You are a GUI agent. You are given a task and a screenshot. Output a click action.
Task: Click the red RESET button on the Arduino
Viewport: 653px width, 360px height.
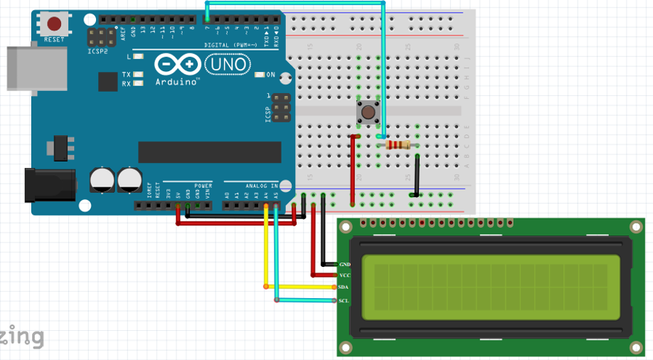coord(54,24)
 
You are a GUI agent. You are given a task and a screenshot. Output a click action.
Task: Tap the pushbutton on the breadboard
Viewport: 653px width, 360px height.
coord(368,111)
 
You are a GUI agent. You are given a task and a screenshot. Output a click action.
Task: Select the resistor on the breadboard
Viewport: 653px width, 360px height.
coord(398,145)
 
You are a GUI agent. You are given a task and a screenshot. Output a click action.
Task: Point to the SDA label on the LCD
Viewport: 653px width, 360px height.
coord(344,287)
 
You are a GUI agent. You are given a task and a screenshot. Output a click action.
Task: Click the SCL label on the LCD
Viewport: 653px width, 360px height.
coord(344,301)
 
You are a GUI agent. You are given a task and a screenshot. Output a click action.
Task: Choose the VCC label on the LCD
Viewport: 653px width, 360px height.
coord(344,275)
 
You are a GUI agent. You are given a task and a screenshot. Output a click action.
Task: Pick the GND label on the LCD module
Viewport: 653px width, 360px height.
coord(344,264)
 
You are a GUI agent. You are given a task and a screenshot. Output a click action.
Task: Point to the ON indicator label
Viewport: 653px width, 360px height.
coord(270,74)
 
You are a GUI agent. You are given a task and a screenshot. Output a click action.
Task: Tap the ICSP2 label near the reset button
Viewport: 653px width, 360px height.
coord(97,52)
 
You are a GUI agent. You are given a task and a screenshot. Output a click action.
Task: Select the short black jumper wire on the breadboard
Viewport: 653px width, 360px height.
coord(417,174)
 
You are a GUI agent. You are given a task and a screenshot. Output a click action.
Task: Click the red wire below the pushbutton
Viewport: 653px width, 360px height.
coord(352,167)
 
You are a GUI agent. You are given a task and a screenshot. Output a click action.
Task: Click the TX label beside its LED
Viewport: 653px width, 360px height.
coord(126,74)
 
